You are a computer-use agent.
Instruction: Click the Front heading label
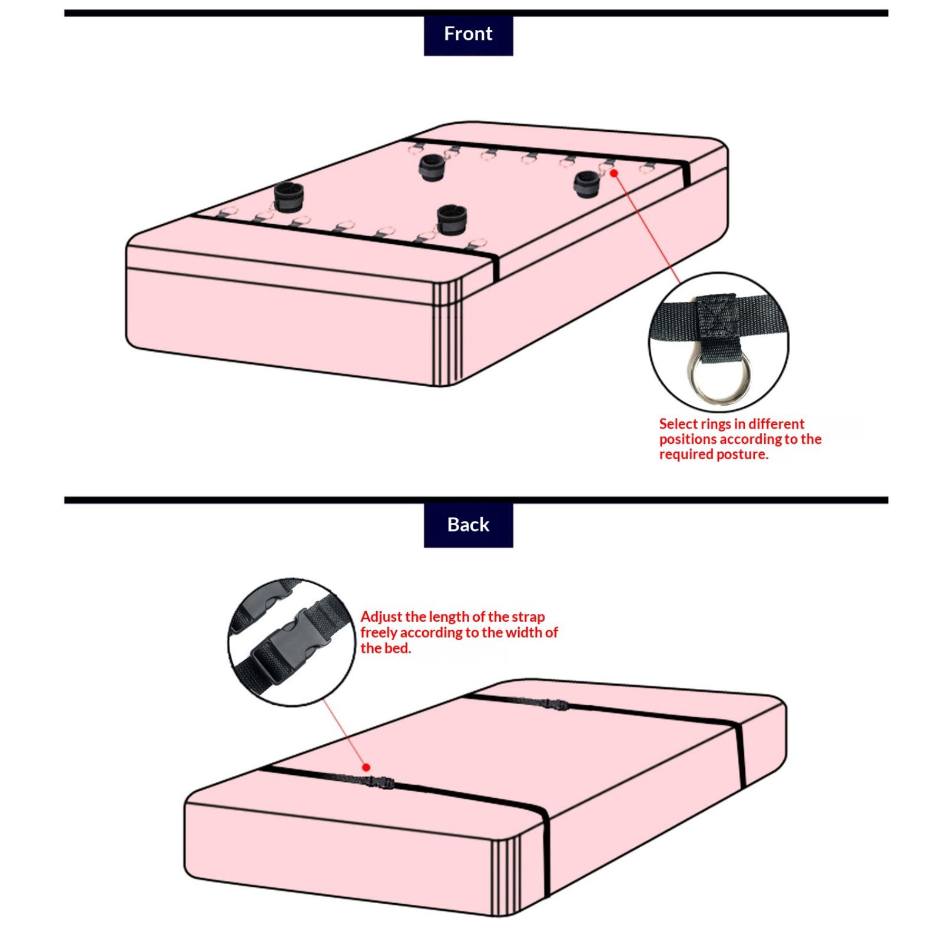[x=468, y=34]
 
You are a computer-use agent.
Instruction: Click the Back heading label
[x=468, y=525]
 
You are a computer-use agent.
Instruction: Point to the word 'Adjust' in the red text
[x=381, y=617]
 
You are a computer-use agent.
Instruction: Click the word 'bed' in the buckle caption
[x=396, y=648]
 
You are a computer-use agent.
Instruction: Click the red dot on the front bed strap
[x=613, y=173]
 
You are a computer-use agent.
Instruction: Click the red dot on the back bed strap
[x=366, y=767]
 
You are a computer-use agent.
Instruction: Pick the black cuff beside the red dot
[x=586, y=184]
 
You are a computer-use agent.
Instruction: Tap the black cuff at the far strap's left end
[x=432, y=167]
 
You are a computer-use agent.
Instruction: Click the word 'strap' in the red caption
[x=528, y=617]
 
